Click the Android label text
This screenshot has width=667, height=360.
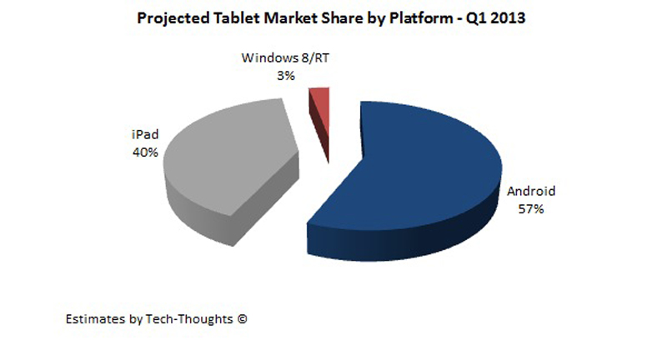531,192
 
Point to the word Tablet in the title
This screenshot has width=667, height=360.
238,19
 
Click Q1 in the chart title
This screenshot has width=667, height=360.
479,19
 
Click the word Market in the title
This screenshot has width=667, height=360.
290,19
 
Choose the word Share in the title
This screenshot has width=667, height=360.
345,19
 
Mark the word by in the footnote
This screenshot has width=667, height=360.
132,318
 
